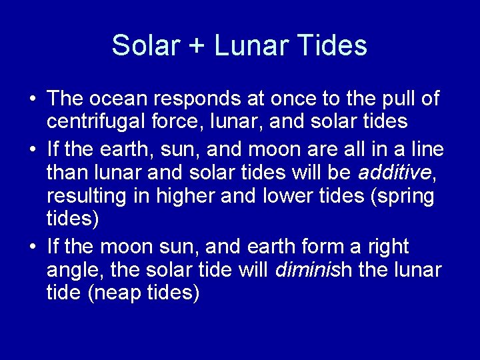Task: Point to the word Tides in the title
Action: click(331, 45)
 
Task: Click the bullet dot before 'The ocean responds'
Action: click(33, 100)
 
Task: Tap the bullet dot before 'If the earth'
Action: click(33, 149)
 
